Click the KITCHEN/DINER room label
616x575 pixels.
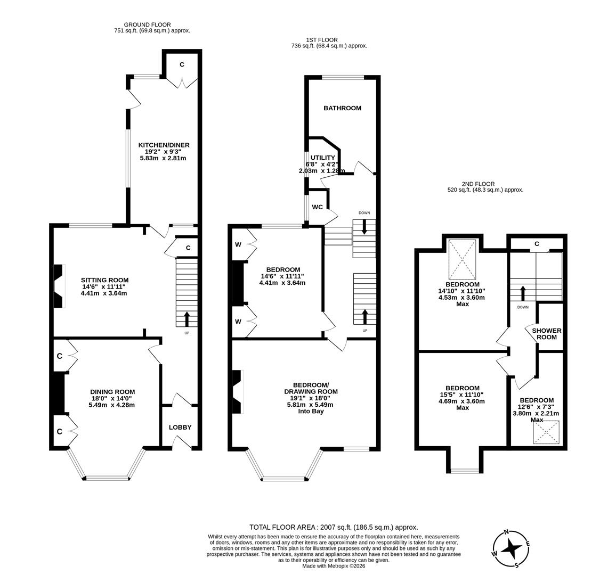pos(164,145)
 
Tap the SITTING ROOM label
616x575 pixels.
pos(104,280)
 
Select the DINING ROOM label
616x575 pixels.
pos(112,392)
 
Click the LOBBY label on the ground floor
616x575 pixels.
pos(180,427)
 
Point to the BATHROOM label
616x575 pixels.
pos(342,108)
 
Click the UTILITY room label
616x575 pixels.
pos(322,158)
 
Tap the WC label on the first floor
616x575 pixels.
pos(317,207)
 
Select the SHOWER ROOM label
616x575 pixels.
pos(547,334)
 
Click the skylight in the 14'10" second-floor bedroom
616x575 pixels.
pos(462,260)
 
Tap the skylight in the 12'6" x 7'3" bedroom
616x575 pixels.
pos(546,432)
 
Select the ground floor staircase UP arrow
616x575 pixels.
pos(187,318)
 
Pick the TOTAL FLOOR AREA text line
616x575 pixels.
pos(334,527)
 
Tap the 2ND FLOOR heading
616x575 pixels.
pos(478,184)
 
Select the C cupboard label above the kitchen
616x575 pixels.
pos(182,64)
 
